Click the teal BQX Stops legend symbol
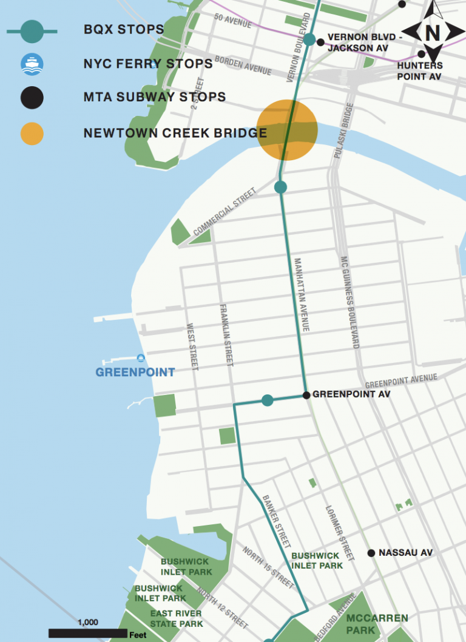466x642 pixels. click(x=32, y=31)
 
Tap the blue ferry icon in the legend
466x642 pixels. click(x=32, y=64)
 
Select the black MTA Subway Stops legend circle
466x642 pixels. click(x=32, y=98)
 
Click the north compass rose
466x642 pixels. click(x=432, y=31)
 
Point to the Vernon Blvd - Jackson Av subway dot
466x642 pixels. click(x=320, y=42)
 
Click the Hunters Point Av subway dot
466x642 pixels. click(x=421, y=54)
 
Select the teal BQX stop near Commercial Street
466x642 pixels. click(x=280, y=187)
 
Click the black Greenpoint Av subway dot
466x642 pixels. click(x=306, y=395)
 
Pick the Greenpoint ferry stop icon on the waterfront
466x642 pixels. click(x=141, y=357)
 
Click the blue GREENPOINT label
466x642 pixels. click(x=135, y=373)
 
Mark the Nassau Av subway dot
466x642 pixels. click(x=371, y=553)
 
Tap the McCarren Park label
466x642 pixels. click(x=368, y=624)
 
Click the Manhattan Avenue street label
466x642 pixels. click(x=302, y=294)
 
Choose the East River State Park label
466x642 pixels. click(x=177, y=618)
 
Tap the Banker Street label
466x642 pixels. click(x=279, y=520)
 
